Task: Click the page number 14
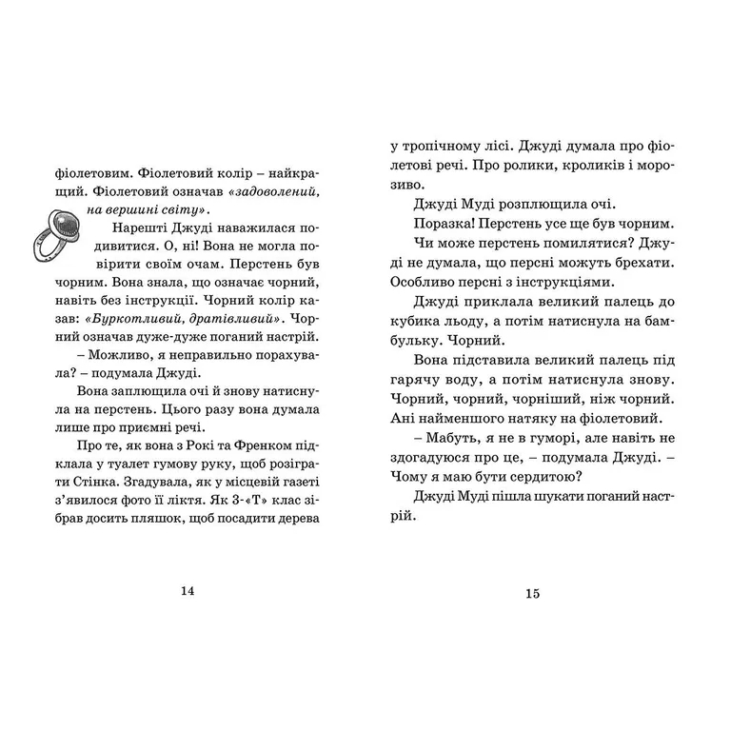(187, 591)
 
